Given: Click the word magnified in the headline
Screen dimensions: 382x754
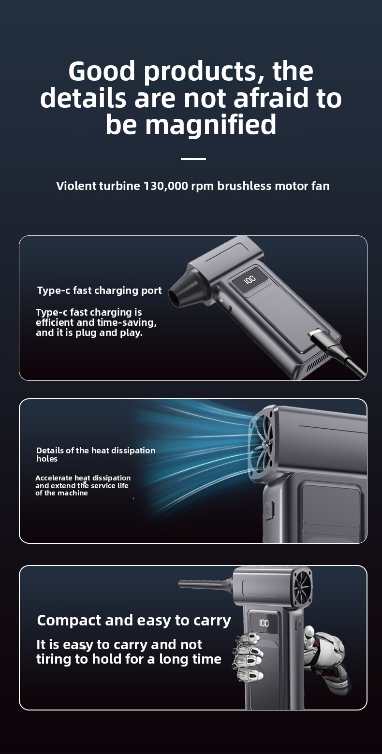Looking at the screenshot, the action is (210, 125).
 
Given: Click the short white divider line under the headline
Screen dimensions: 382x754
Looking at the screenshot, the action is (193, 159).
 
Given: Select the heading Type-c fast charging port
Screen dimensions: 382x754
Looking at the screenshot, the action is (100, 290).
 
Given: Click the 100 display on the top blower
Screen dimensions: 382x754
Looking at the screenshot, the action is (250, 279).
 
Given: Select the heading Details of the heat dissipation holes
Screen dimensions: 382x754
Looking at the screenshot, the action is (96, 454).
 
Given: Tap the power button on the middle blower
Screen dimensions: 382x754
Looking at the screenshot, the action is (268, 510).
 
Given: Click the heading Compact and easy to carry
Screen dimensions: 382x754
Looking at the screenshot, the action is (134, 621).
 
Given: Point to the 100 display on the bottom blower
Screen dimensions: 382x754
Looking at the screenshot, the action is (264, 623).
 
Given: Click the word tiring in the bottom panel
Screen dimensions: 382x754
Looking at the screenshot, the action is (54, 659).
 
